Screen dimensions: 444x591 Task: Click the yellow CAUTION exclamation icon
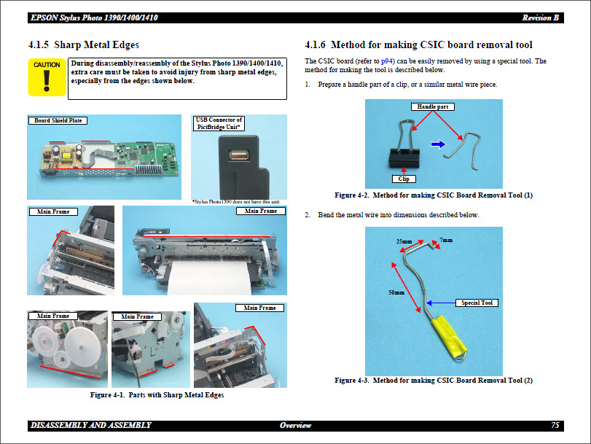click(47, 78)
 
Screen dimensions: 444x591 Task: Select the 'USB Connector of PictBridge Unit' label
click(219, 123)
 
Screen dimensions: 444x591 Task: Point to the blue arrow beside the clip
click(437, 144)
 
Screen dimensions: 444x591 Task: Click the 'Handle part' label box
click(432, 106)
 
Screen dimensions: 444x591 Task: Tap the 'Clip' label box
click(404, 178)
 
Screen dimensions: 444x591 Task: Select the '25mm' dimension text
click(404, 241)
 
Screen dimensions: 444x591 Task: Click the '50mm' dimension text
click(396, 292)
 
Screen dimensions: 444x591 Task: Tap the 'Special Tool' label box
click(477, 303)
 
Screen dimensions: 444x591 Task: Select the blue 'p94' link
click(387, 61)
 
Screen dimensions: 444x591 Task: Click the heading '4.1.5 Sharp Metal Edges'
click(83, 45)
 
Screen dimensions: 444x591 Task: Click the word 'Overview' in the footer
click(295, 425)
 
